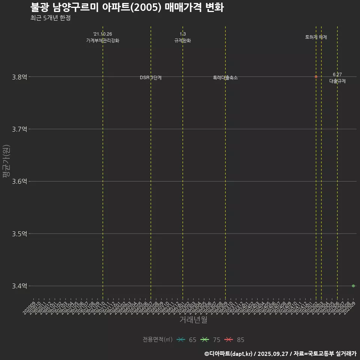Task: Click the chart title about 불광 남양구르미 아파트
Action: (x=127, y=7)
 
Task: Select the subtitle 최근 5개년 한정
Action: (x=50, y=18)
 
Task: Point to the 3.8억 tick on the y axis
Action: (x=19, y=77)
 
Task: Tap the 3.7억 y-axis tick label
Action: (x=19, y=129)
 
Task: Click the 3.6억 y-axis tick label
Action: (x=19, y=181)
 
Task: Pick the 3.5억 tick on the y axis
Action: (x=19, y=234)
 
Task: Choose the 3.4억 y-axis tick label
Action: (x=19, y=286)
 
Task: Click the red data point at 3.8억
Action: (x=316, y=76)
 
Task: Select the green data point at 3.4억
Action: (x=353, y=286)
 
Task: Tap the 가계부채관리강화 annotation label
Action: (x=103, y=40)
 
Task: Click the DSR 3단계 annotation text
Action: (x=151, y=78)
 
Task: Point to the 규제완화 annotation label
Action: (x=183, y=40)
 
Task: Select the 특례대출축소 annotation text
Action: (x=225, y=78)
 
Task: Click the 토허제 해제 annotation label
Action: (x=316, y=37)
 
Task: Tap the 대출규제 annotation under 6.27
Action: (x=337, y=81)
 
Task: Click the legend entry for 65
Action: (x=186, y=340)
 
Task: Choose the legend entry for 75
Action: (x=210, y=340)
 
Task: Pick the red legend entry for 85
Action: (x=234, y=340)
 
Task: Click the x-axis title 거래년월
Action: (x=193, y=320)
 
